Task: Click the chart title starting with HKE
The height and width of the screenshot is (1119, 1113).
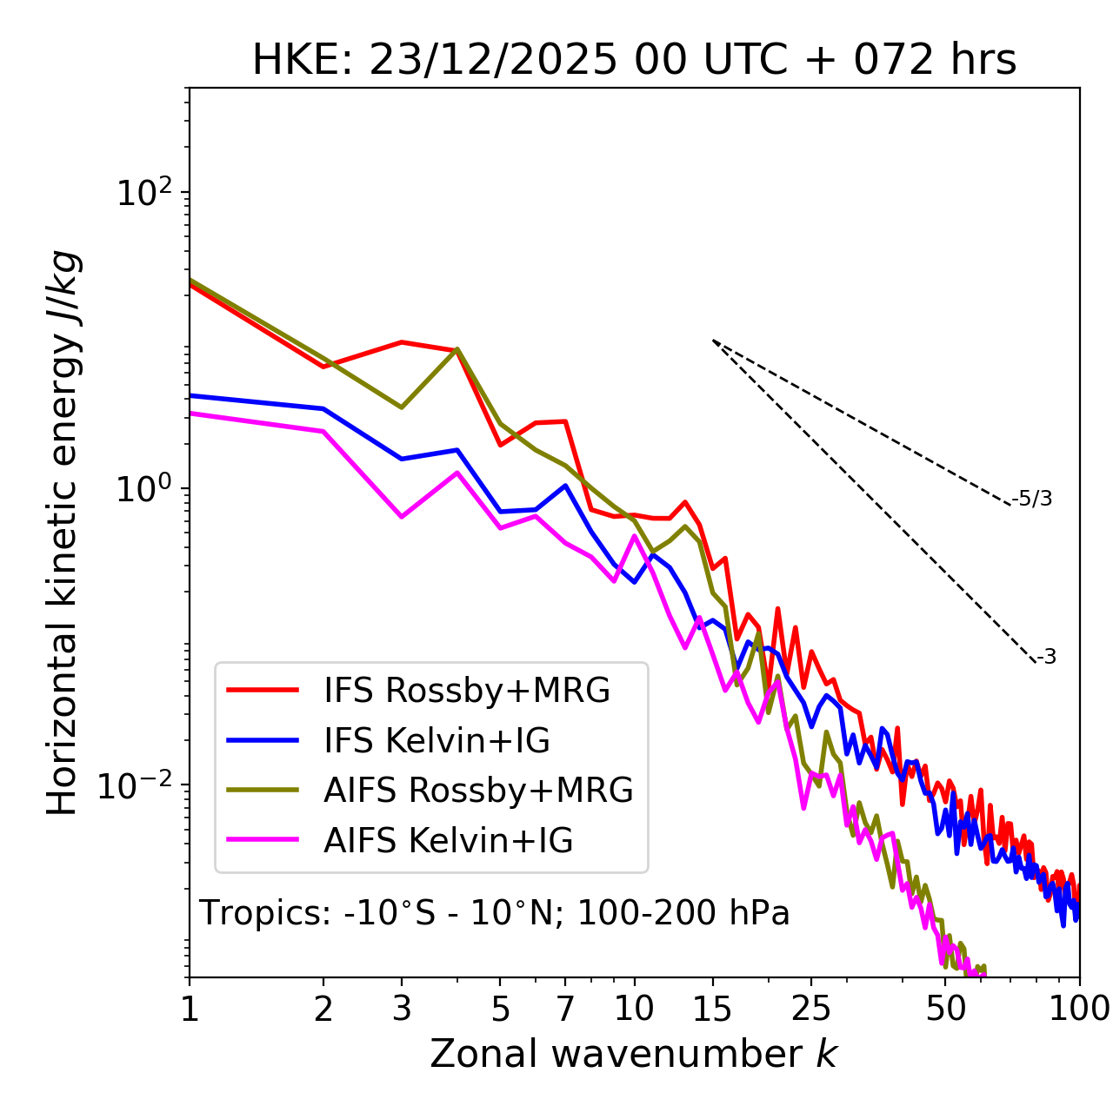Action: coord(634,61)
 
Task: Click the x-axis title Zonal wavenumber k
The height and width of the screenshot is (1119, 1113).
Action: coord(633,1054)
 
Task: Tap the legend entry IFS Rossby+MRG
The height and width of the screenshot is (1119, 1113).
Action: coord(466,691)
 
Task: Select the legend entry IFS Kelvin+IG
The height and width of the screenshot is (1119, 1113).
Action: coord(437,741)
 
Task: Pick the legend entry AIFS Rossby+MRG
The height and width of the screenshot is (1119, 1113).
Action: coord(478,791)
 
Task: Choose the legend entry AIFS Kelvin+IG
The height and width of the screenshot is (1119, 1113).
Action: coord(448,841)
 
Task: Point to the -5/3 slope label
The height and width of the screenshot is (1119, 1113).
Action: coord(1032,499)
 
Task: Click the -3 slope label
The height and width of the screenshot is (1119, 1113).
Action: coord(1047,658)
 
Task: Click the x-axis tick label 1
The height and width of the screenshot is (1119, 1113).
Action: coord(190,1009)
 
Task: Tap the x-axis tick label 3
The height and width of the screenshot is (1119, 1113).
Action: coord(402,1009)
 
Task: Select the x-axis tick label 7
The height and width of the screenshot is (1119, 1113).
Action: coord(565,1009)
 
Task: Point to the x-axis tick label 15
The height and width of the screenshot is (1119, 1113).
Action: coord(712,1009)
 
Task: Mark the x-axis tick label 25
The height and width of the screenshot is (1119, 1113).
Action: coord(810,1009)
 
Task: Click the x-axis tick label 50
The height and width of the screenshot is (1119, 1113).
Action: coord(945,1009)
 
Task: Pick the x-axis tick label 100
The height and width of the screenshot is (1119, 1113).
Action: coord(1079,1009)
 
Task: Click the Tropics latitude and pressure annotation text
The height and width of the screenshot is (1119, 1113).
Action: coord(494,914)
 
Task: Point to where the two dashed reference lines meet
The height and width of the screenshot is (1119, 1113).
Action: coord(713,341)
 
